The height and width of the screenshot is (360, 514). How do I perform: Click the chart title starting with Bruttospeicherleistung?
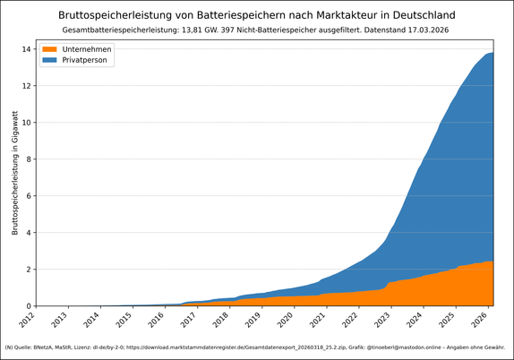pos(257,15)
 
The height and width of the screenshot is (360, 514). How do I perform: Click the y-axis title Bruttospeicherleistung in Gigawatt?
pos(15,175)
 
